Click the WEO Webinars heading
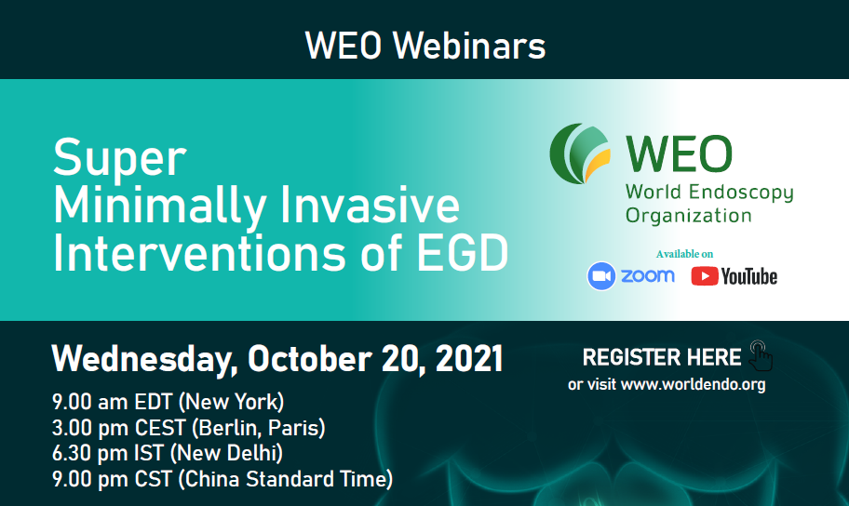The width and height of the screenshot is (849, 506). pos(425,46)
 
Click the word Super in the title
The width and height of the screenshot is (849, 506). pos(120,158)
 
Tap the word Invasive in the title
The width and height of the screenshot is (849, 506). pos(370,205)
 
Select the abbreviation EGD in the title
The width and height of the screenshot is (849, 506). pos(463,253)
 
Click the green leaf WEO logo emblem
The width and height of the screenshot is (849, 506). pos(580,153)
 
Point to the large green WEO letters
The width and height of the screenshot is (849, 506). pos(679,154)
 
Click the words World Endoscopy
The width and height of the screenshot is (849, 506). pos(709,193)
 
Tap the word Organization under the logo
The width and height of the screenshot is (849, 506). pos(688,216)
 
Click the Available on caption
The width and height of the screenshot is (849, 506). pos(684,254)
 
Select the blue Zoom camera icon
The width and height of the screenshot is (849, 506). pos(601,276)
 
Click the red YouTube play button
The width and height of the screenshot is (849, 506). pos(705,276)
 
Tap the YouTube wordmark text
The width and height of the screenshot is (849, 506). pos(748,276)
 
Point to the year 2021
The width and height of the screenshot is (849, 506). pos(469,359)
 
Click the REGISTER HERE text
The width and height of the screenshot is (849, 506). pos(662,357)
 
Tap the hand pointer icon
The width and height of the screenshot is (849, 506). pos(761,355)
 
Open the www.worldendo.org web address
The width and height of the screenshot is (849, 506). pos(693,385)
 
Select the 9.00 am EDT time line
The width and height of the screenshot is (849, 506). pos(168,402)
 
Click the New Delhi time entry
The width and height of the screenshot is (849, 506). pos(168,454)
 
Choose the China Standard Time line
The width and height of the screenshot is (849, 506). pos(222,479)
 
